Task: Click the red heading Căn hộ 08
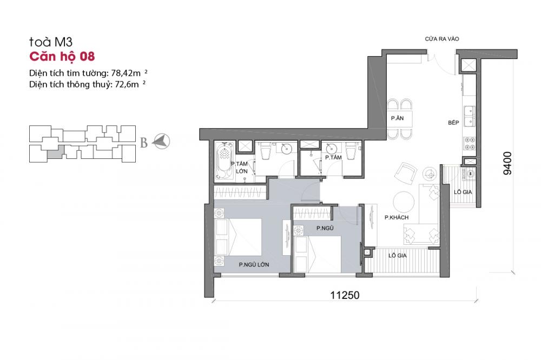pos(62,57)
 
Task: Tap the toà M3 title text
pos(51,42)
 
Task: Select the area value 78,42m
pos(126,73)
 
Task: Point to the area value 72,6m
pos(127,84)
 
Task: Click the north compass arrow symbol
pos(161,142)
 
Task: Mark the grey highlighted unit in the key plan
pos(55,152)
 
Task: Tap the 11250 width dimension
pos(345,295)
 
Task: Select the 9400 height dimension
pos(507,163)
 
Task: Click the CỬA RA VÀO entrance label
pos(442,39)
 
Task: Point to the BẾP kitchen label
pos(453,122)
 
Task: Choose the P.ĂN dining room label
pos(397,118)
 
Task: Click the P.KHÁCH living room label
pos(397,217)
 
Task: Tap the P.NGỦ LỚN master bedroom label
pos(254,264)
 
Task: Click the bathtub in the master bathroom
pos(225,161)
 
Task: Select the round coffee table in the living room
pos(404,202)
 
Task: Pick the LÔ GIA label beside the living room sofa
pos(398,256)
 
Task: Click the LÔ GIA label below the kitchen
pos(463,192)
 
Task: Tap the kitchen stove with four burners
pos(470,143)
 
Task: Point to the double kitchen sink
pos(469,116)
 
